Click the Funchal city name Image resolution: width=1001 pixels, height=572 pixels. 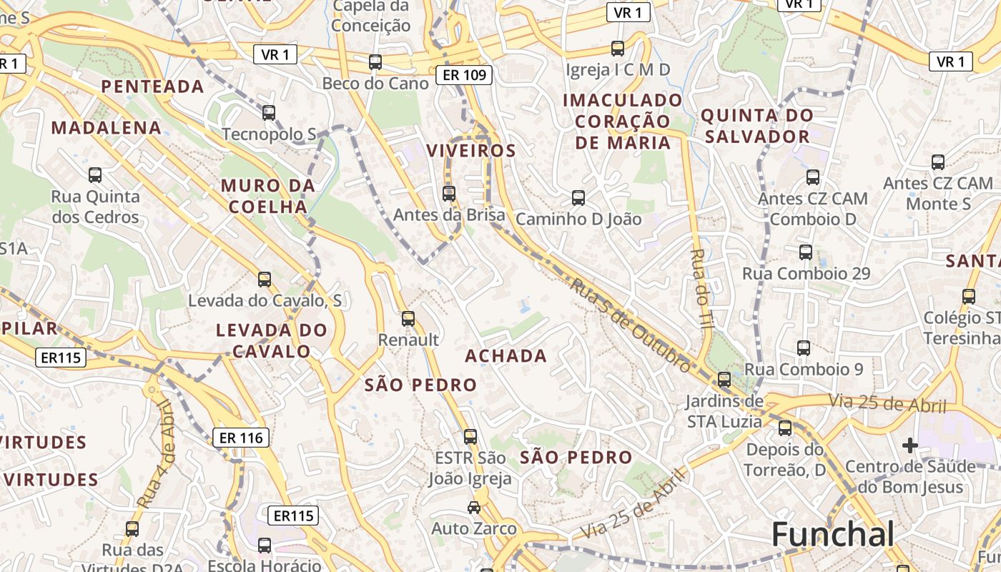coord(833,535)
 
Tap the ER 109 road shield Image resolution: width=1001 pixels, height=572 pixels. coord(465,74)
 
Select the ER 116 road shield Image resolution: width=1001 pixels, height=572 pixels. coord(241,438)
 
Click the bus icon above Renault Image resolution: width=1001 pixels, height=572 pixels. coord(408,319)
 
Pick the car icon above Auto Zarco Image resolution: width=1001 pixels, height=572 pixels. coord(473,508)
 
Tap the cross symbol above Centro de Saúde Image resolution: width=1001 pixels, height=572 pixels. coord(909,445)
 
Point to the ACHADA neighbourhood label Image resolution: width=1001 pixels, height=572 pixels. coord(506,356)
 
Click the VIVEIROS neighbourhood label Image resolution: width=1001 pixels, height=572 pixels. coord(471,151)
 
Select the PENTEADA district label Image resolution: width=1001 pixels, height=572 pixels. coord(153,87)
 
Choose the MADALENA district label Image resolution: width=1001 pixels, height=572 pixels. coord(107,128)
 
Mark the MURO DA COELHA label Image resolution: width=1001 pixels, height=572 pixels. coord(267,196)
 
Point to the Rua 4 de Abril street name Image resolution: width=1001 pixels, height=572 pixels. coord(157,454)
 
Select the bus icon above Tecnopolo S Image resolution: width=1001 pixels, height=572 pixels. coord(269,113)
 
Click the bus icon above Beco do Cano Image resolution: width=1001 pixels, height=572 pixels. coord(375,62)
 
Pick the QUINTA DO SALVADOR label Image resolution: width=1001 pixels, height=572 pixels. coord(756,126)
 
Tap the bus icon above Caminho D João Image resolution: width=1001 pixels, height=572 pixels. coord(578,198)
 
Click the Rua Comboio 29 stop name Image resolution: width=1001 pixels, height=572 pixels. coord(806,273)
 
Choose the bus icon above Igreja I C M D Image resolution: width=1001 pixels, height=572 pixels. coord(618,49)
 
